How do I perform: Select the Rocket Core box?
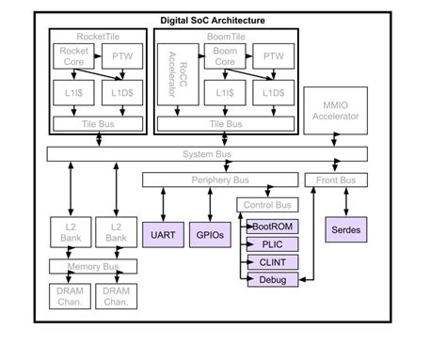coord(72,56)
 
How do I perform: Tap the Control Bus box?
coord(266,204)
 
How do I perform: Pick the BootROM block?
coord(273,226)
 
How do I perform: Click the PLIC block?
coord(273,243)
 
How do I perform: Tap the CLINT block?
coord(273,261)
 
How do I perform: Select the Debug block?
coord(273,279)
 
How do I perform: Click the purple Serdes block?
coord(346,228)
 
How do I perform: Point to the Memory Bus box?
coord(90,266)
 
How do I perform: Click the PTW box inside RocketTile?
coord(122,56)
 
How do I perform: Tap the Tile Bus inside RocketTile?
coord(98,123)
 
